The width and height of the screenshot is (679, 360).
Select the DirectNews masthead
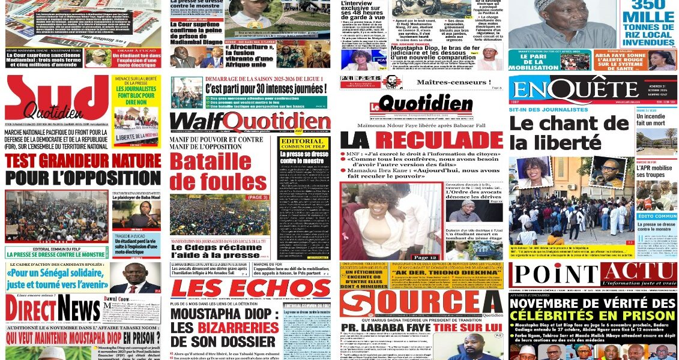tap(52, 310)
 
